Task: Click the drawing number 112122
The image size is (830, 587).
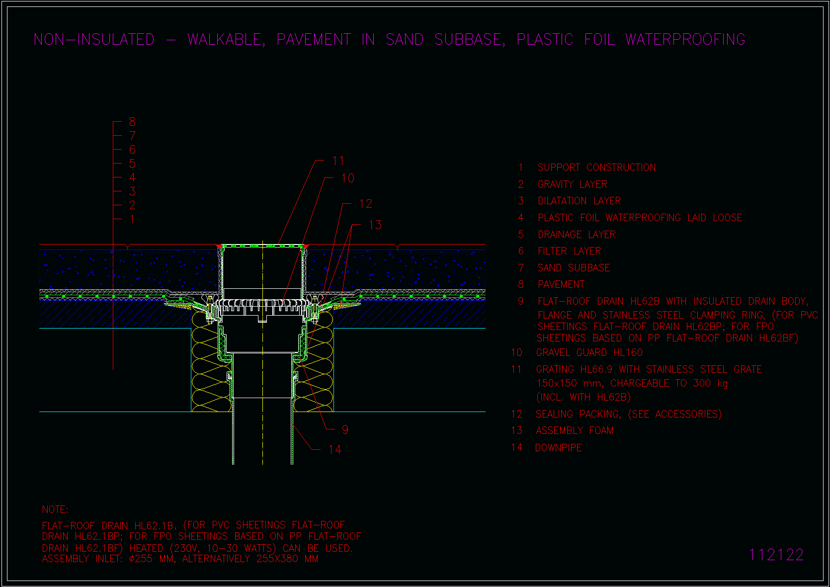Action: (x=776, y=555)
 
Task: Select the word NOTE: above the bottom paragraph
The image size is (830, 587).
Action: (x=55, y=509)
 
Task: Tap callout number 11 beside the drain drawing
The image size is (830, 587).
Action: (x=338, y=161)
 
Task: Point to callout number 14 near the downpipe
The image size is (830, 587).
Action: (x=335, y=449)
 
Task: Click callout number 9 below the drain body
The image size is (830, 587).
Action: (x=345, y=429)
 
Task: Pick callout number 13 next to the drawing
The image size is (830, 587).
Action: (x=375, y=225)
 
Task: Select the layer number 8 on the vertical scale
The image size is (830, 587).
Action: (x=132, y=122)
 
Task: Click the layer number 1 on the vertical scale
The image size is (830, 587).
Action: (x=132, y=219)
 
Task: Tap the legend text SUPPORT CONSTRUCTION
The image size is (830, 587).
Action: (x=596, y=168)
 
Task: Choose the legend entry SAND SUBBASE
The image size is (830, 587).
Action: (x=574, y=267)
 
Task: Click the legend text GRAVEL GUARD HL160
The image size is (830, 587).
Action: (x=589, y=352)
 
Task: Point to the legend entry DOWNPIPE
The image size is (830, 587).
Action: (x=559, y=448)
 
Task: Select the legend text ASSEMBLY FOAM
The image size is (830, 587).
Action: (x=575, y=430)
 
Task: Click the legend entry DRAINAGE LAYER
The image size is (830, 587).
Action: (x=577, y=235)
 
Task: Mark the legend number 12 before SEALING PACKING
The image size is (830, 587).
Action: (x=516, y=414)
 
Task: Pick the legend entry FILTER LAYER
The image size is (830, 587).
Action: (x=569, y=251)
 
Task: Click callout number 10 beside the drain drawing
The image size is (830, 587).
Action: (x=347, y=178)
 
